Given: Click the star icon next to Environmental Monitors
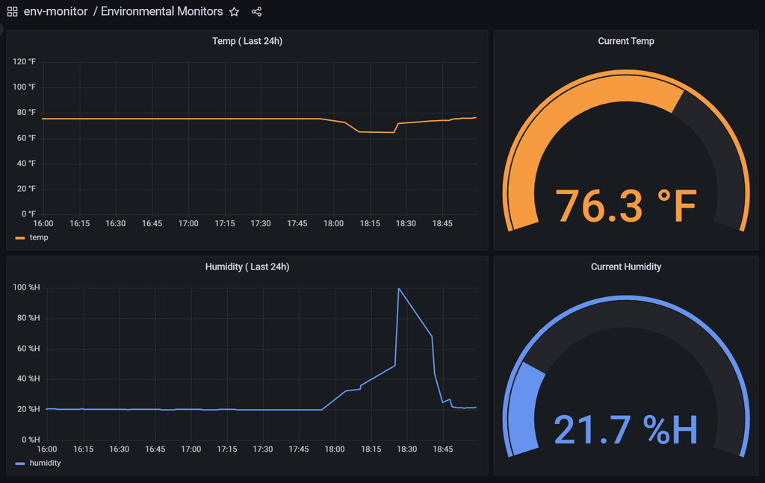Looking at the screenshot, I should click(x=235, y=12).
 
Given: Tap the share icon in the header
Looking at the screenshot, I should click(x=257, y=12).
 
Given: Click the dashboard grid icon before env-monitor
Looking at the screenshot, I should click(x=13, y=12).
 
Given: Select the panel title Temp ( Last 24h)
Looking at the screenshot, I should click(x=247, y=41).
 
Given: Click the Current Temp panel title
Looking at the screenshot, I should click(x=626, y=41).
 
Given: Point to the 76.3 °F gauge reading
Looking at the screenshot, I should click(x=626, y=206).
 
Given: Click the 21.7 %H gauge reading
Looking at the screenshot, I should click(x=626, y=430).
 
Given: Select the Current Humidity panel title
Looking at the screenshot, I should click(x=626, y=267).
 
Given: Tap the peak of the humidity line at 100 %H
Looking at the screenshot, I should click(x=399, y=288).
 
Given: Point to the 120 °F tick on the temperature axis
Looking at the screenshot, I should click(x=25, y=62).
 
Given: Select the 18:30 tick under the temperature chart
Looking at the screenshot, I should click(x=406, y=223).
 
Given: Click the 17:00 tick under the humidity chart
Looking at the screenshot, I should click(x=191, y=449).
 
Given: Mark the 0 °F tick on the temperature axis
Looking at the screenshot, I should click(x=28, y=214).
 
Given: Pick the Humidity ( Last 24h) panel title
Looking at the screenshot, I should click(x=247, y=267).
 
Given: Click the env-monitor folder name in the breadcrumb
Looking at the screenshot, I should click(x=55, y=12).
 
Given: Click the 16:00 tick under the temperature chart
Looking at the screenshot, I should click(x=43, y=223).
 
